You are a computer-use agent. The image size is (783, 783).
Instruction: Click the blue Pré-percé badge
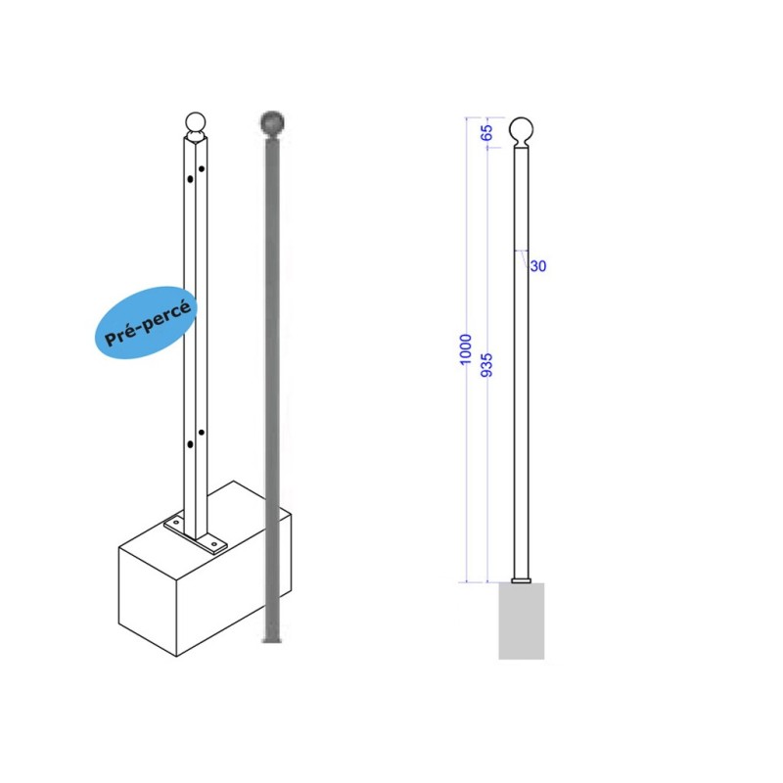145,323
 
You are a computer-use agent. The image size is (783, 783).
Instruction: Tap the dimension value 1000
465,349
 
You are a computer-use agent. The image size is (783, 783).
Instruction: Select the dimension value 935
485,365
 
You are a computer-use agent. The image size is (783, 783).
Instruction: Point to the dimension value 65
485,132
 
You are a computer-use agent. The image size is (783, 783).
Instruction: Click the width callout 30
538,266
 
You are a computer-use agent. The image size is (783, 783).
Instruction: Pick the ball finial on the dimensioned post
521,130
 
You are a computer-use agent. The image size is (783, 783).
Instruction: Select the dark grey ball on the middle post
272,122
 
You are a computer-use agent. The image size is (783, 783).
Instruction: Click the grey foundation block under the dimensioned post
522,621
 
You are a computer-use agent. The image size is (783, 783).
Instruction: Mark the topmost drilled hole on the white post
202,168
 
